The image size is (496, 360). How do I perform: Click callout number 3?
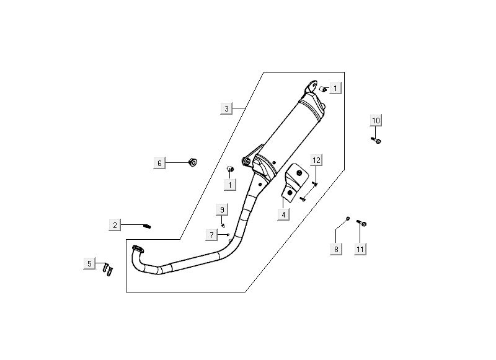(x=226, y=108)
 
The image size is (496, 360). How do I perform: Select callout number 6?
(x=159, y=163)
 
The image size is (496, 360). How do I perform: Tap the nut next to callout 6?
(x=192, y=162)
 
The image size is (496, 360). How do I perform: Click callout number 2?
(x=115, y=225)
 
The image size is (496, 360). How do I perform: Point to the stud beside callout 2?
(x=148, y=226)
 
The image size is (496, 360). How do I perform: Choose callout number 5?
(x=89, y=264)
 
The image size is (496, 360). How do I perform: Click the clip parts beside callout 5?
(x=109, y=269)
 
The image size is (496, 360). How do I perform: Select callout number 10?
(x=376, y=120)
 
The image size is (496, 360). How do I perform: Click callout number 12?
(x=316, y=160)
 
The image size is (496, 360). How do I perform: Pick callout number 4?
(x=283, y=214)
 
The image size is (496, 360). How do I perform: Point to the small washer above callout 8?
(x=348, y=219)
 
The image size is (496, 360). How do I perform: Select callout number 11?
(x=360, y=249)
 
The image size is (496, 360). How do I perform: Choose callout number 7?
(x=211, y=234)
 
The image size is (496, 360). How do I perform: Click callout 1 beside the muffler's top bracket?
(x=335, y=89)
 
